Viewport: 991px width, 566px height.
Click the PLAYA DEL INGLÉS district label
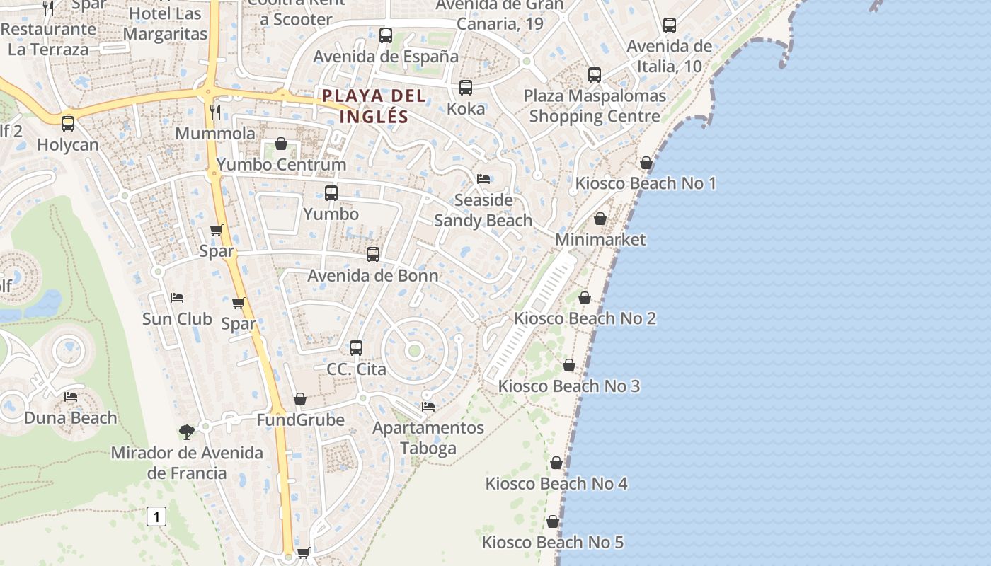[x=374, y=106]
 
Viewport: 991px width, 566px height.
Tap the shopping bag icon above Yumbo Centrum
[x=281, y=144]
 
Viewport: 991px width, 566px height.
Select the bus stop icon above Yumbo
[x=331, y=192]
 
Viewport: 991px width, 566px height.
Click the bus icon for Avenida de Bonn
[x=373, y=255]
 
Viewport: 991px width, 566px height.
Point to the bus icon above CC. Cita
[x=356, y=348]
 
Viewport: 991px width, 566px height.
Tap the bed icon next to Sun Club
[x=177, y=298]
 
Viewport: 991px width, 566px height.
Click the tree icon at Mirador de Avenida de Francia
[x=187, y=432]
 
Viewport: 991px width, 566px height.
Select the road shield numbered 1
[x=156, y=516]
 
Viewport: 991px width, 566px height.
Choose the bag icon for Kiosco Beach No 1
[x=646, y=163]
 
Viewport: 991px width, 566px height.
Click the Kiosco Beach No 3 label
[x=569, y=386]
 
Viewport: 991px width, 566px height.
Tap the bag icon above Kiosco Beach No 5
[x=553, y=521]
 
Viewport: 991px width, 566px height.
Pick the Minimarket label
[x=600, y=240]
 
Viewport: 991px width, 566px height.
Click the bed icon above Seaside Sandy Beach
[x=483, y=178]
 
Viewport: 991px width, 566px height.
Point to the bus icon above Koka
[x=466, y=88]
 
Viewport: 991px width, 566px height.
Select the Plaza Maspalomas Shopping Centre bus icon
[x=595, y=75]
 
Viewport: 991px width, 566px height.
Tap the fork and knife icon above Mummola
[x=216, y=112]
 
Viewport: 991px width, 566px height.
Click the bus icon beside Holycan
[x=68, y=123]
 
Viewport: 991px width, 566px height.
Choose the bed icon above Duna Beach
[x=71, y=396]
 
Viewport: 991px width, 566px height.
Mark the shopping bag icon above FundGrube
[x=300, y=399]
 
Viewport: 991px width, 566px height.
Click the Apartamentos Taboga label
[x=428, y=438]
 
